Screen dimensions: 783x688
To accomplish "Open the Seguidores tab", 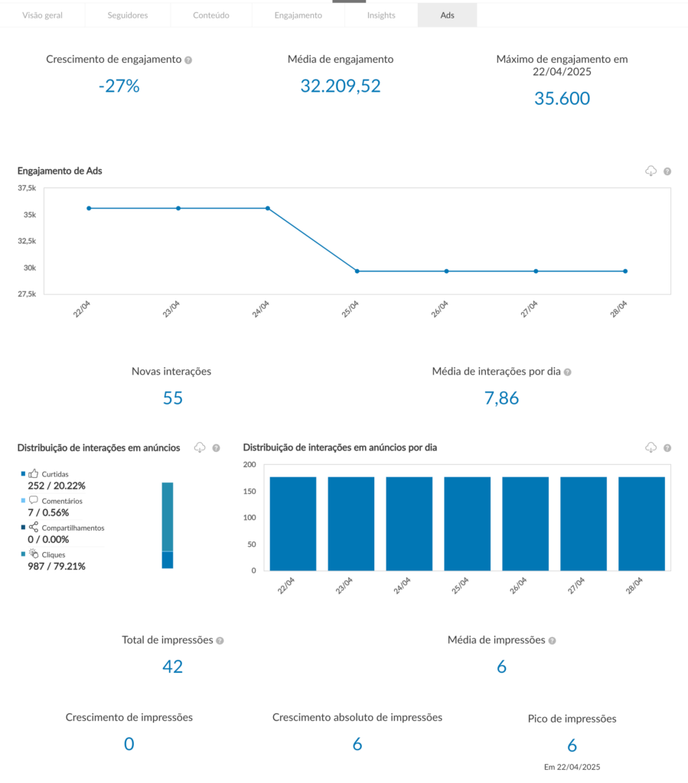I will (127, 15).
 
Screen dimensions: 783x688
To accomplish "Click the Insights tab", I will (381, 15).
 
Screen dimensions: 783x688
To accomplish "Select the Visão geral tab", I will (42, 15).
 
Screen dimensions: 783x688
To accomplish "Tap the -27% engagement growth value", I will (119, 86).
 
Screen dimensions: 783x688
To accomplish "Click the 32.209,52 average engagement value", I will (340, 86).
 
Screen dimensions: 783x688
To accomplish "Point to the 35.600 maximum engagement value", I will (562, 98).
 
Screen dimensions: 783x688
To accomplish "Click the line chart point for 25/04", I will (357, 271).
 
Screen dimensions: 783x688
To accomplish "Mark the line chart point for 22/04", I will (89, 208).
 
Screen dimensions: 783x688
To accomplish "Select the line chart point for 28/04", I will (625, 271).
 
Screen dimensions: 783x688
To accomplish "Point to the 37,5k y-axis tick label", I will (27, 188).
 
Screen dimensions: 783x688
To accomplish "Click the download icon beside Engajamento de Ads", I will (651, 171).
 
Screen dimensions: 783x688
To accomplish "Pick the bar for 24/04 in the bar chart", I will (409, 523).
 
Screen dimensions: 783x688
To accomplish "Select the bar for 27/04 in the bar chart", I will (583, 523).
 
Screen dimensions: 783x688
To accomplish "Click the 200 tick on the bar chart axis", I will (249, 465).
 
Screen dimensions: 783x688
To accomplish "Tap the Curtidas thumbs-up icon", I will (33, 474).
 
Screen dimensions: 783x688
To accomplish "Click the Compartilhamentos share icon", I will (33, 527).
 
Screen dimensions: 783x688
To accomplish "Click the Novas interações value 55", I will (172, 398).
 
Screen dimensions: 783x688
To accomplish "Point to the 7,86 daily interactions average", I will (501, 398).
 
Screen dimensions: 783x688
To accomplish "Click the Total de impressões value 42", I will (172, 666).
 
